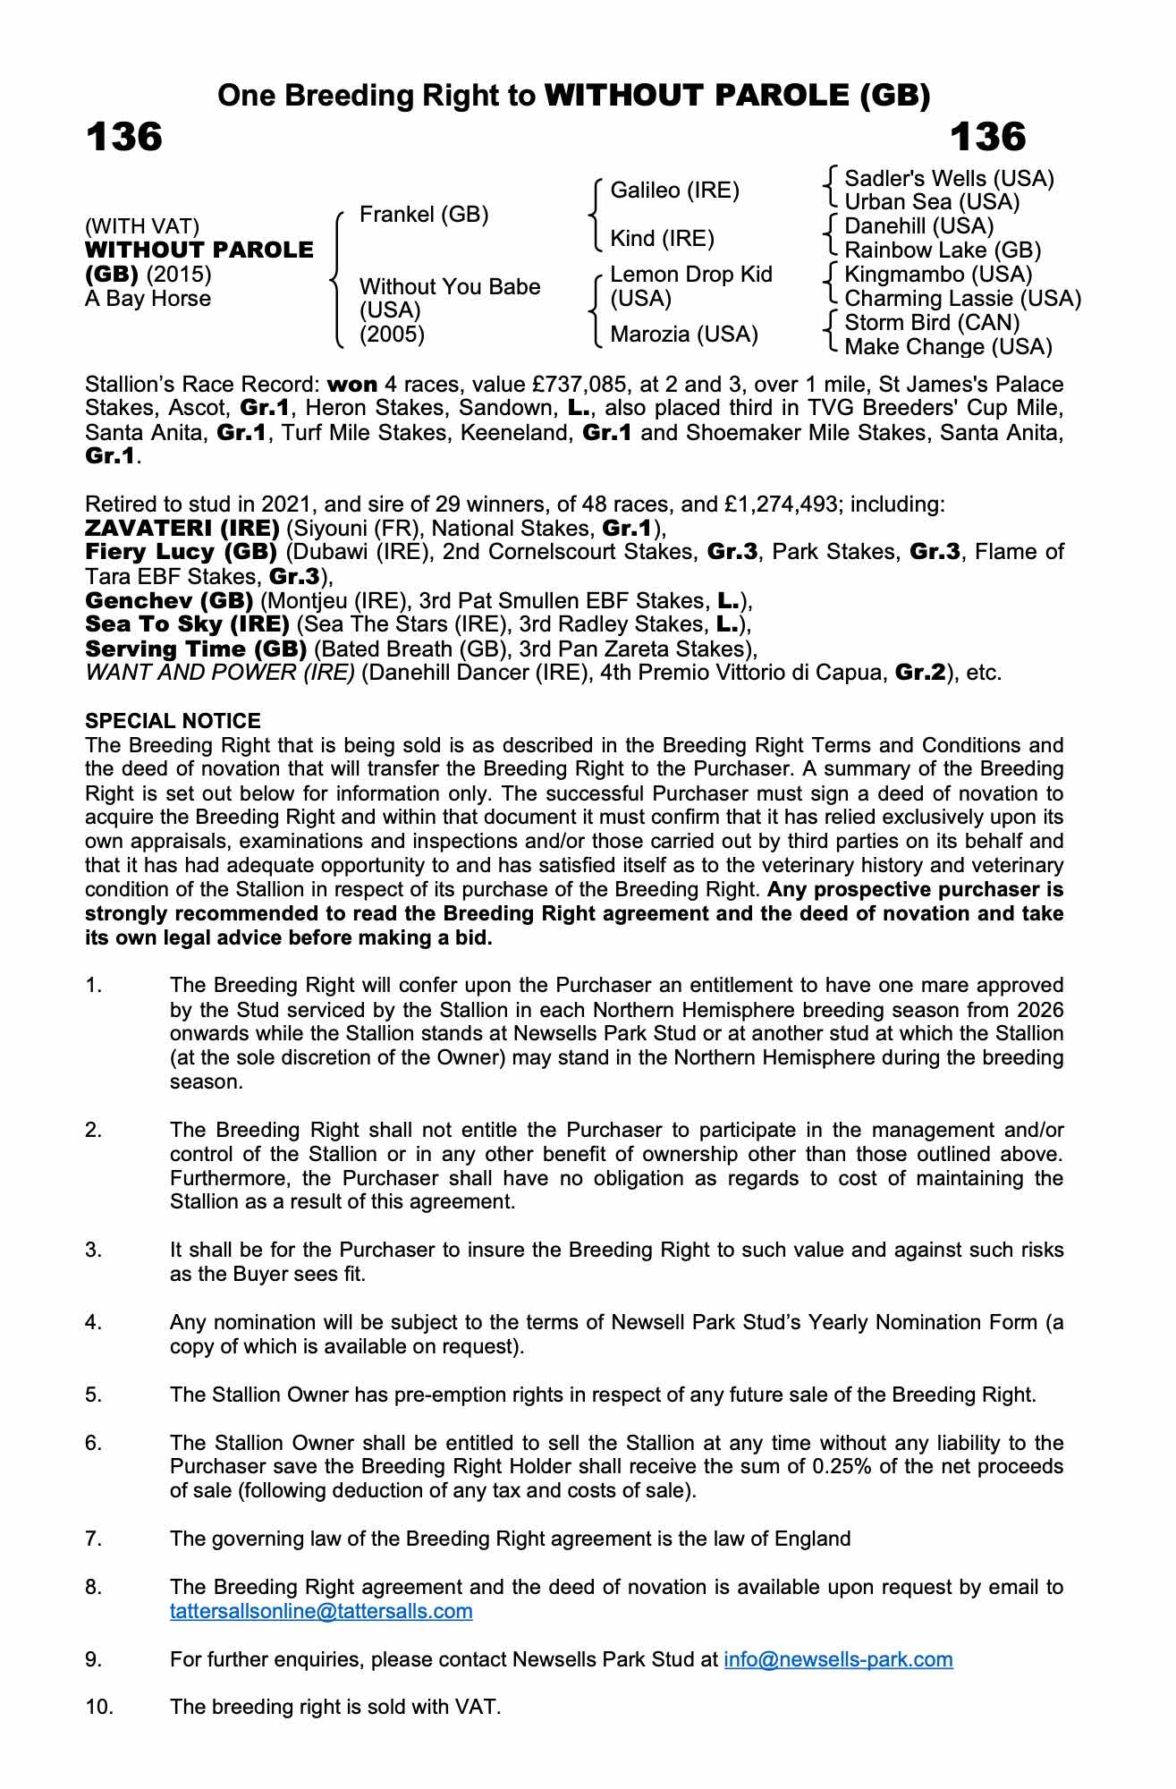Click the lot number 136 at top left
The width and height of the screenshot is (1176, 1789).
[x=123, y=138]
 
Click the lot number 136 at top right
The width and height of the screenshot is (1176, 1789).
[x=987, y=138]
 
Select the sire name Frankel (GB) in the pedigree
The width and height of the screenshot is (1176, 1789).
[x=423, y=215]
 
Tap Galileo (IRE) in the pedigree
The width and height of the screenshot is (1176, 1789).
[x=674, y=191]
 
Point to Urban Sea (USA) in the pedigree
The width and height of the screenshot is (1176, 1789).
[x=932, y=202]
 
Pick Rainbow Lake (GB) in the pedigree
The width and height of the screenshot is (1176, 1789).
[x=943, y=250]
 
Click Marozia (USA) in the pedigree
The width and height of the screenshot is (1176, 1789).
[x=683, y=335]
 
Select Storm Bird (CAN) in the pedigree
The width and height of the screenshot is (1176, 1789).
[x=932, y=323]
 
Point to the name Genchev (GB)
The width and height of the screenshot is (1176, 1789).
[x=169, y=600]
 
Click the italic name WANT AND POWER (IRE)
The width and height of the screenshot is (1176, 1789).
[x=220, y=673]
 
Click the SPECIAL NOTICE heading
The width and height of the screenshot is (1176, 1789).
[x=173, y=721]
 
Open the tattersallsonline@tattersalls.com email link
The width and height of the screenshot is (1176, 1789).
[x=321, y=1612]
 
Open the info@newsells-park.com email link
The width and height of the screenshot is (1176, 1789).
[x=838, y=1660]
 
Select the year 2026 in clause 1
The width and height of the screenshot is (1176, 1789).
[x=1038, y=1010]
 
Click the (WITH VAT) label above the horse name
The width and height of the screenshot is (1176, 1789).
[x=142, y=227]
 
